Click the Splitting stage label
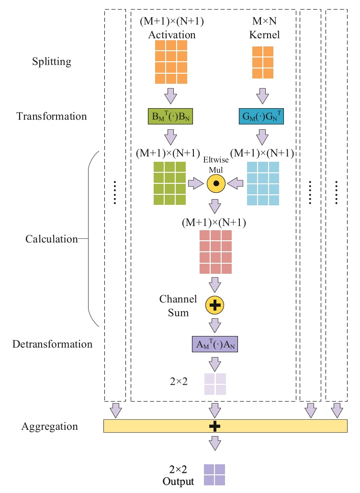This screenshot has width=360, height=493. pos(52,62)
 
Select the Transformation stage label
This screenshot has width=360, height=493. pos(52,116)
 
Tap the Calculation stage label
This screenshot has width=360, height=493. pos(52,239)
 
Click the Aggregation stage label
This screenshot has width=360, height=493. pos(49,426)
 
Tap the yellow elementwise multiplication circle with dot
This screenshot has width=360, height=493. pos(215,183)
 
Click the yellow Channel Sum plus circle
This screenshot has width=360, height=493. pos(215,303)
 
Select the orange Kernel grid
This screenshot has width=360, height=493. pos(262,62)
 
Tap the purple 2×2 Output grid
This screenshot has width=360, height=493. pos(214,475)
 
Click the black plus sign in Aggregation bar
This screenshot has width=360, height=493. pos(215,426)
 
